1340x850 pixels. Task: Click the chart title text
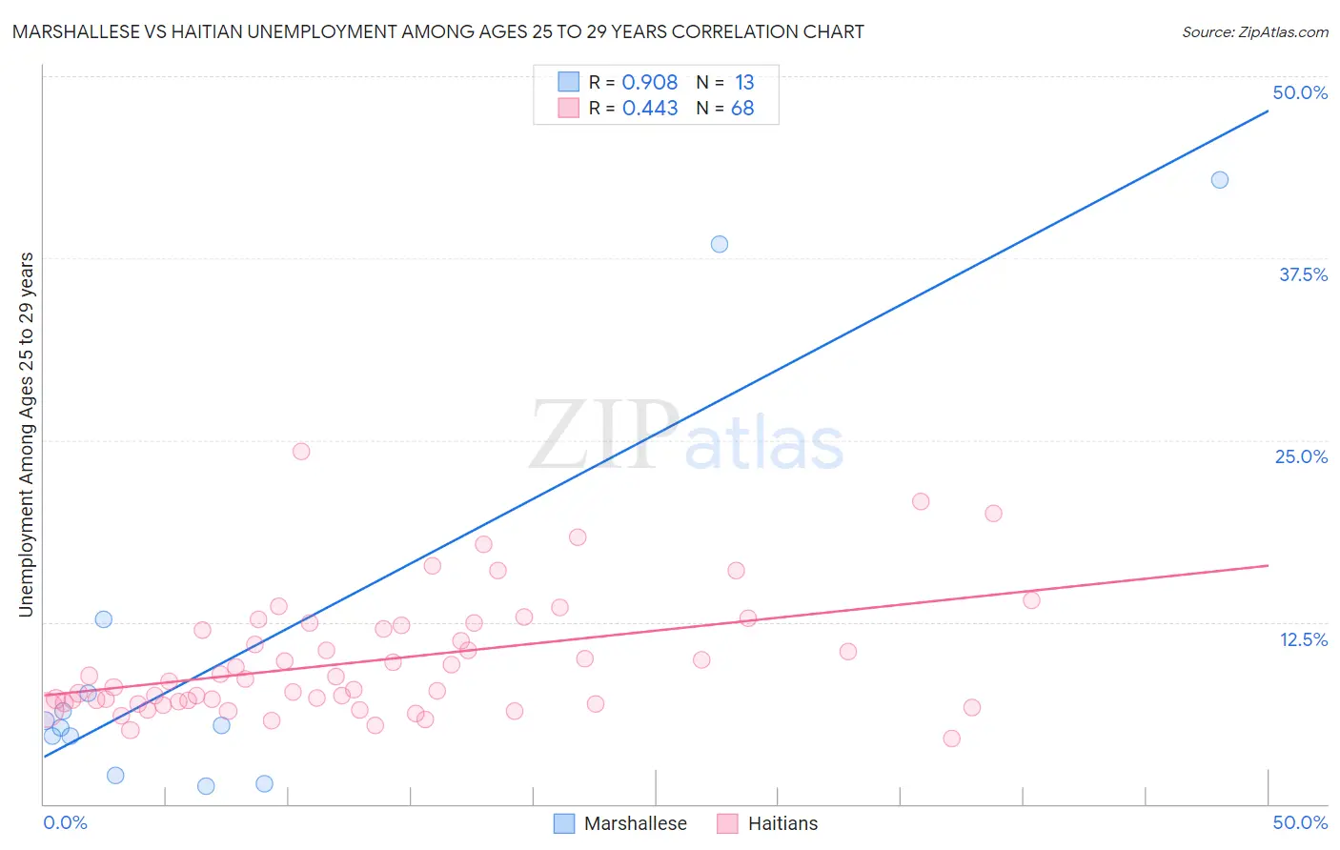[438, 31]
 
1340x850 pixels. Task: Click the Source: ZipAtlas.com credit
[1254, 31]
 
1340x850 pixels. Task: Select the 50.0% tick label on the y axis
[1300, 92]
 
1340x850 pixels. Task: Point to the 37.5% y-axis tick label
[1303, 274]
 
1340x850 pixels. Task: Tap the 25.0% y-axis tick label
[1301, 456]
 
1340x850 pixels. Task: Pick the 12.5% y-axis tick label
[1303, 639]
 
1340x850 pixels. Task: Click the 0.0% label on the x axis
[65, 822]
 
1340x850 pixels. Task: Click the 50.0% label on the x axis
[1300, 822]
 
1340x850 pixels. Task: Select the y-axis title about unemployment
[26, 435]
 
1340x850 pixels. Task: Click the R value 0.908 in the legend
[650, 83]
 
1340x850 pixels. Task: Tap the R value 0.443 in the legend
[650, 109]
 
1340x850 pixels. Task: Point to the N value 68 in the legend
[742, 109]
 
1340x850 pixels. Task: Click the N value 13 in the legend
[744, 83]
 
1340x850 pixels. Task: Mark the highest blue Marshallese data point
[1219, 180]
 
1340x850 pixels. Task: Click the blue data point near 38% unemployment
[720, 244]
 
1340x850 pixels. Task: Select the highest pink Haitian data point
[301, 452]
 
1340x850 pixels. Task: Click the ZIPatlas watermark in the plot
[686, 435]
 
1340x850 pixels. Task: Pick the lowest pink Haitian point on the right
[951, 739]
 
